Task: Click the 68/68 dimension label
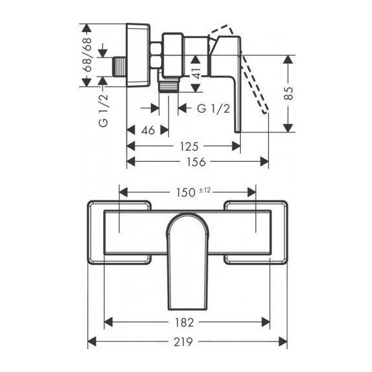click(88, 55)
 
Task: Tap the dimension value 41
click(196, 73)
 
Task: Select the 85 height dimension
click(288, 93)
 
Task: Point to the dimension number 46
click(147, 131)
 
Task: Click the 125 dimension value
click(189, 147)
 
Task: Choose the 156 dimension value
click(196, 162)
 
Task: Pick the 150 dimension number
click(185, 193)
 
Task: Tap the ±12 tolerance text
click(204, 191)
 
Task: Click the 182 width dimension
click(184, 322)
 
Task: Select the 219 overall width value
click(183, 342)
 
